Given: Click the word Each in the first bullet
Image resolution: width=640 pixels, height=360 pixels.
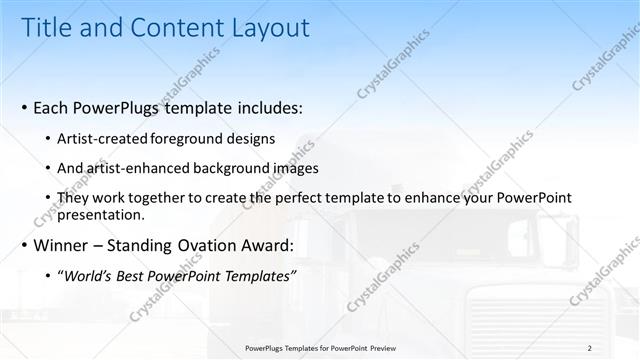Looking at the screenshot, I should coord(53,107).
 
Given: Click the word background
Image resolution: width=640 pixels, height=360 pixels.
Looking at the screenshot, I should coord(232,168).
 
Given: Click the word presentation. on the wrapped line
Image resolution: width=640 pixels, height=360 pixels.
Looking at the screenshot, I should coord(103,214).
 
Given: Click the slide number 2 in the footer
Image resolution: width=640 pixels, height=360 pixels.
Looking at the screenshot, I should coord(590,347).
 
